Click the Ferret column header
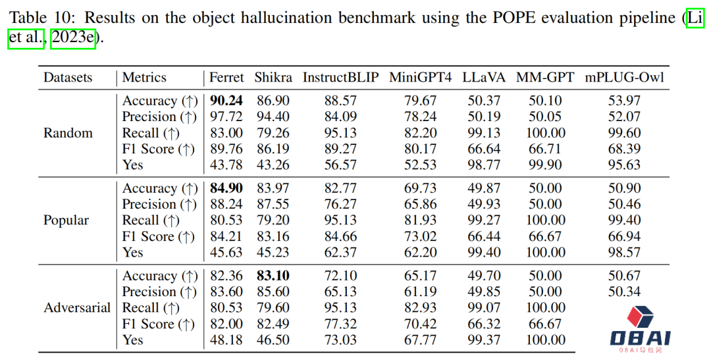point(226,78)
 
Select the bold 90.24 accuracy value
point(226,101)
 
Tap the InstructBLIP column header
point(340,78)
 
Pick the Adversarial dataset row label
point(77,308)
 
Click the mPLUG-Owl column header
point(624,78)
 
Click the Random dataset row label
point(68,133)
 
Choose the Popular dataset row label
point(66,220)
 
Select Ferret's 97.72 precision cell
point(226,116)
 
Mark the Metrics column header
point(144,78)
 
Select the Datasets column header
point(68,78)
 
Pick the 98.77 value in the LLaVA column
point(483,165)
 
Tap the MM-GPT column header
point(546,78)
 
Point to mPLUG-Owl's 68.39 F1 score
point(624,149)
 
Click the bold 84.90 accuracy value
point(226,188)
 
